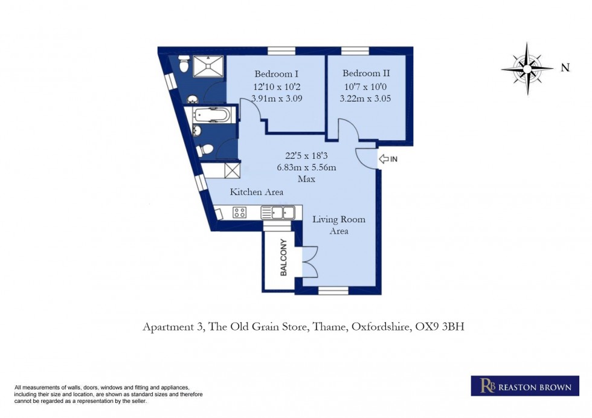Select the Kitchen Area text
point(257,192)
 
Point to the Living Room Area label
point(338,225)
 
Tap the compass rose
point(527,68)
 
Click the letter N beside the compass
point(565,68)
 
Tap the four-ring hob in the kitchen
point(240,213)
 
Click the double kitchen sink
point(278,213)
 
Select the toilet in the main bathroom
point(205,149)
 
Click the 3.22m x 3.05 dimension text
point(362,97)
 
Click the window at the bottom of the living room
point(333,291)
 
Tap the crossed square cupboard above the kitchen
point(231,170)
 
